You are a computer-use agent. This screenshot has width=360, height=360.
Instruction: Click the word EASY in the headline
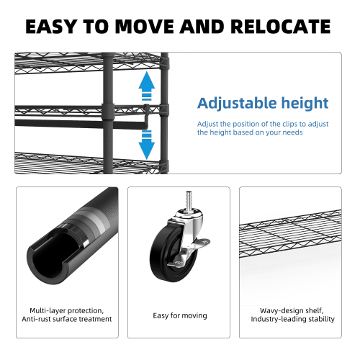click(x=51, y=26)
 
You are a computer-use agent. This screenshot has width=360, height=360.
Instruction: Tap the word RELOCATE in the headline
click(x=281, y=26)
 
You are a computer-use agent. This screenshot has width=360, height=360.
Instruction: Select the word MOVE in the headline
click(x=145, y=26)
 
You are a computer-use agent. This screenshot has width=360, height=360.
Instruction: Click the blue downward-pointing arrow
click(x=147, y=145)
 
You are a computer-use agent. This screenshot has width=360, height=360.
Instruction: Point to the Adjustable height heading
click(x=263, y=104)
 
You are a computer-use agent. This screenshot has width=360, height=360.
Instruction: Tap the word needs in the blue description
click(x=292, y=132)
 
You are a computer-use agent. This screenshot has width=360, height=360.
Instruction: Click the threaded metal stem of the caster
click(x=189, y=201)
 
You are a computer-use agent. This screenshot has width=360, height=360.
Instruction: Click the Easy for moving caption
click(x=180, y=315)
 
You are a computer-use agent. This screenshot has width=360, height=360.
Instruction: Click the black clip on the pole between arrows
click(x=108, y=112)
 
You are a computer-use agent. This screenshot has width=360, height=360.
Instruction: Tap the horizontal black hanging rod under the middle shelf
click(x=81, y=124)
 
